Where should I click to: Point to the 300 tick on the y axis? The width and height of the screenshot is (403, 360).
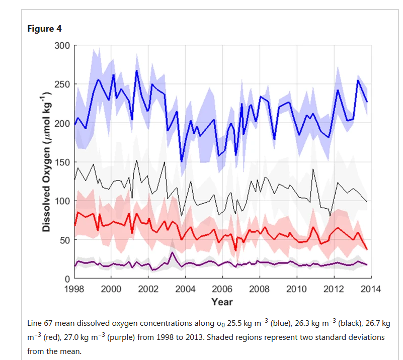(63, 46)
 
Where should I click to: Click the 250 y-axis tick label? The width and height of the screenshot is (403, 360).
(63, 84)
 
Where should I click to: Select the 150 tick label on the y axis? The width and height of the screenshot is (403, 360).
(63, 162)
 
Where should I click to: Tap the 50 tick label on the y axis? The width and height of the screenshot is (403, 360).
(65, 239)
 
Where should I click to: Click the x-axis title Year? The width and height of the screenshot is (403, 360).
(222, 302)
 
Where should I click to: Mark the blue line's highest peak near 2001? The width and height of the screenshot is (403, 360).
(136, 70)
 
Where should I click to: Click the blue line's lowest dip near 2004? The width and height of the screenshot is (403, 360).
(182, 161)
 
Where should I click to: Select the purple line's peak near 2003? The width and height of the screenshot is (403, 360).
(172, 253)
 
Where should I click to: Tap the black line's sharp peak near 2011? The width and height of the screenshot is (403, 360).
(313, 169)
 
